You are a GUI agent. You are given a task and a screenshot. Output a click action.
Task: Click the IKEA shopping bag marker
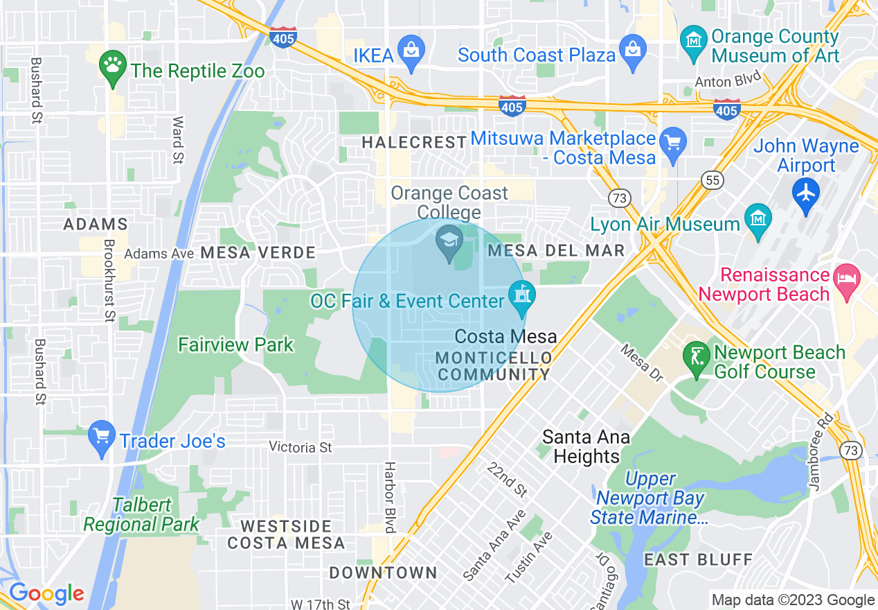[412, 52]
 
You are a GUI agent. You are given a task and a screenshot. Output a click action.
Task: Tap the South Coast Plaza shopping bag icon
[633, 52]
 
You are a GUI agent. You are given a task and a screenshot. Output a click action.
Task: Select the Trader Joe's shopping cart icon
[102, 437]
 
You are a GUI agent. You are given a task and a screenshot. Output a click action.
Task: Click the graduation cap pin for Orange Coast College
[449, 242]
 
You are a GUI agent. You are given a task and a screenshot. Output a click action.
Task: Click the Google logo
[46, 593]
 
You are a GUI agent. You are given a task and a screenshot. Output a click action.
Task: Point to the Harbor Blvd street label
[390, 498]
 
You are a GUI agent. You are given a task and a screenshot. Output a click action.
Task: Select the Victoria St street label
[301, 447]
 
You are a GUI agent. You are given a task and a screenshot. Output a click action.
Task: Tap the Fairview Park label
[235, 345]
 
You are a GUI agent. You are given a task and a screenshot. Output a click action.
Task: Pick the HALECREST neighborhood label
[414, 142]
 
